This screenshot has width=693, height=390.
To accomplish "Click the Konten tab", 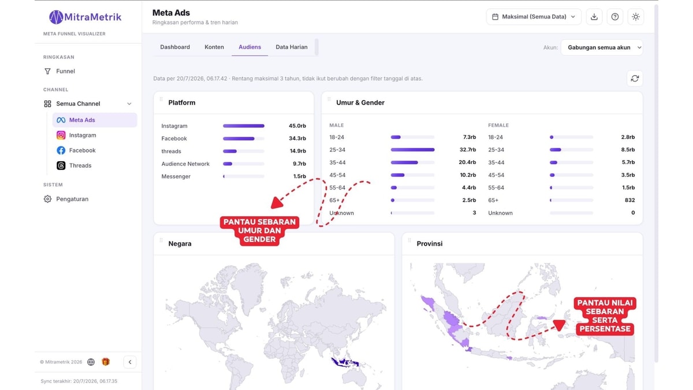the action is point(214,47).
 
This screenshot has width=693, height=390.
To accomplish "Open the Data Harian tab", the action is point(292,47).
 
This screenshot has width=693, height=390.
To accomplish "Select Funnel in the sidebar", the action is point(65,71).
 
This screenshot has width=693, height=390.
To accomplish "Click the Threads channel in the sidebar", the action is point(80,166).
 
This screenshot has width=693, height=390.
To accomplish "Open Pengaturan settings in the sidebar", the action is point(72,199).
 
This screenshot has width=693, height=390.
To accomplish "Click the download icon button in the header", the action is point(594,17).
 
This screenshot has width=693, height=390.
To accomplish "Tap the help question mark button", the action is point(614,17).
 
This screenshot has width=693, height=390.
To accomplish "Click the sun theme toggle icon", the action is point(635,17).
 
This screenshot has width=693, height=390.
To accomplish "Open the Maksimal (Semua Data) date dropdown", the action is point(534,17).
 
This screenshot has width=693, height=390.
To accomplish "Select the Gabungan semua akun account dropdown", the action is point(602,47).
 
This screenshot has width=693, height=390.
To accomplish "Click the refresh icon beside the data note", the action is point(635,79).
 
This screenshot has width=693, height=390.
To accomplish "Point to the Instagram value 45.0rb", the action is point(297,126).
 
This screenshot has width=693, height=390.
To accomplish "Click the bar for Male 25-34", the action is point(412,150).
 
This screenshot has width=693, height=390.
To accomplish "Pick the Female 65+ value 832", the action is point(629,200).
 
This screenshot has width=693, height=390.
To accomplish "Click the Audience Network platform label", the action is point(185,164).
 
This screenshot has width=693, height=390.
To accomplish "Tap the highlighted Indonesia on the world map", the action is point(345,362).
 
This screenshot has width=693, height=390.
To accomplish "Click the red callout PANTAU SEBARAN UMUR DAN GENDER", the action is point(259,231).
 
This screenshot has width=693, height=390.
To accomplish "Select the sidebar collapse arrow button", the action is point(130,362).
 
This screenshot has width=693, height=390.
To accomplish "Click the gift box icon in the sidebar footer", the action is point(106,362).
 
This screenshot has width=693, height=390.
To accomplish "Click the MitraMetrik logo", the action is point(85,17).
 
